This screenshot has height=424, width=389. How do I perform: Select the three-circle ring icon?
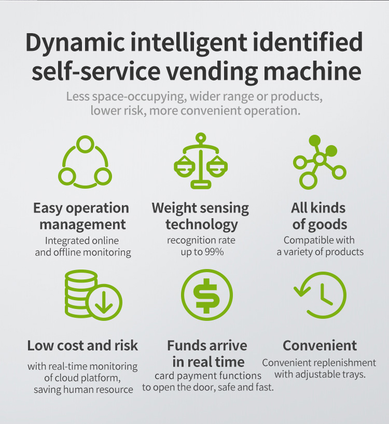tap(85, 161)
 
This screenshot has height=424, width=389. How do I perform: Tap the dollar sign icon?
tap(206, 296)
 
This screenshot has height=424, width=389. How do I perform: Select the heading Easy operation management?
tap(81, 216)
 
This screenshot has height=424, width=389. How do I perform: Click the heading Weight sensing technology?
tap(201, 216)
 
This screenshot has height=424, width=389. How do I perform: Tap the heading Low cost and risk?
tap(83, 345)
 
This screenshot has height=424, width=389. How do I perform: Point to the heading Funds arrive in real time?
tap(207, 353)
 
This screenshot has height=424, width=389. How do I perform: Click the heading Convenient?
tap(319, 345)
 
